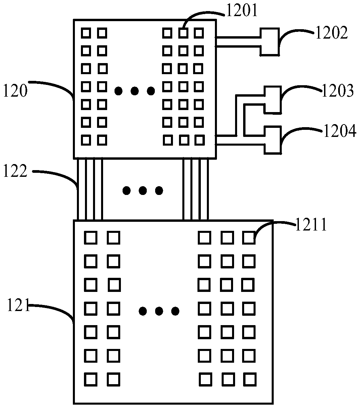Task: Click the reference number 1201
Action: [x=242, y=10]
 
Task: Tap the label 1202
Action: [x=331, y=33]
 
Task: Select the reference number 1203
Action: [x=337, y=91]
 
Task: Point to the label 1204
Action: [x=340, y=131]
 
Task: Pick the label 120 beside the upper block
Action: [x=15, y=91]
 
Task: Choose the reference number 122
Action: [x=15, y=171]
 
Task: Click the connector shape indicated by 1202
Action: [x=270, y=42]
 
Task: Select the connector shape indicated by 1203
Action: [x=273, y=100]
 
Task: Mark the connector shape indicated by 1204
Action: [x=273, y=140]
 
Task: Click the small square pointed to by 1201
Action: [x=183, y=33]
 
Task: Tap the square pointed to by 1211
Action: [x=249, y=238]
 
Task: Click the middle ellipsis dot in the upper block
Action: [x=135, y=91]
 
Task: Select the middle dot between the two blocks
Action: [x=143, y=191]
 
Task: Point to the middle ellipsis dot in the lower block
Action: [x=159, y=311]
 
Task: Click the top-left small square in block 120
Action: [x=86, y=33]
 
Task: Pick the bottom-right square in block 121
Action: [x=250, y=379]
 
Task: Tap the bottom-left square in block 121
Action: [x=91, y=379]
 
